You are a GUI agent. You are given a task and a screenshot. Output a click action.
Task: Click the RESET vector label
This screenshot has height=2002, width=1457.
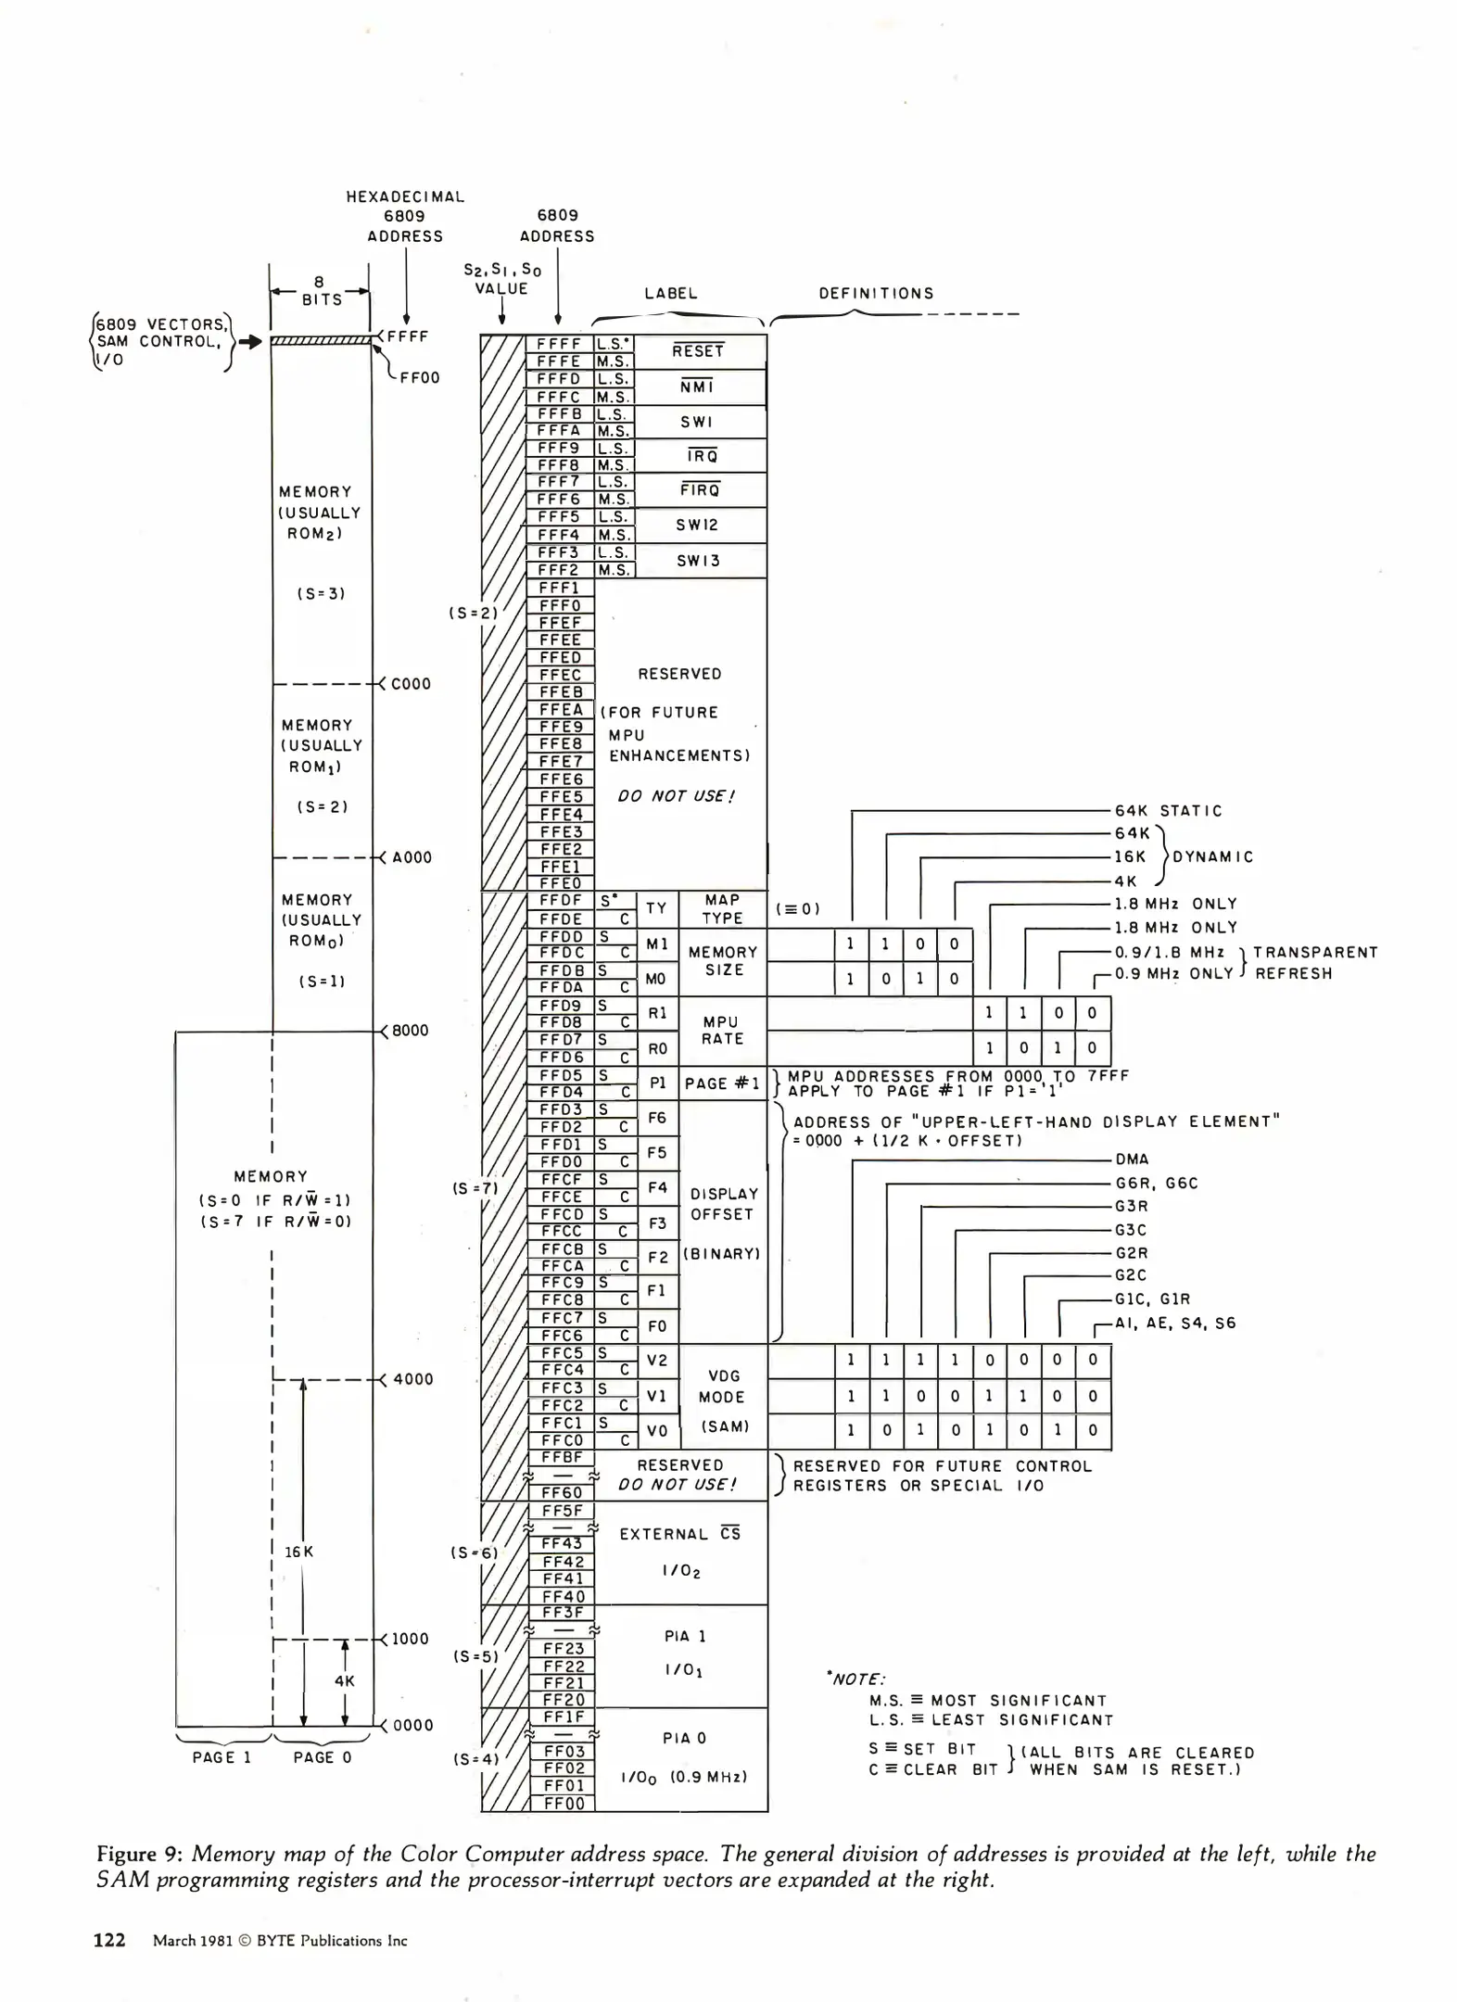[698, 351]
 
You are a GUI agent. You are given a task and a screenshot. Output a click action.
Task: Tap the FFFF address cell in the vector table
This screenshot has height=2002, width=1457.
[559, 344]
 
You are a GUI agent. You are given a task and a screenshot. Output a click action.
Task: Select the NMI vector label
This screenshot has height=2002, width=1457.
[697, 386]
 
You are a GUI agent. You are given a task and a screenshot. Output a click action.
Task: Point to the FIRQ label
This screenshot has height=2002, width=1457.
[700, 490]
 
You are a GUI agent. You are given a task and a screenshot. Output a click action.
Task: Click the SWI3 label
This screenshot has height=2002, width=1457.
[698, 561]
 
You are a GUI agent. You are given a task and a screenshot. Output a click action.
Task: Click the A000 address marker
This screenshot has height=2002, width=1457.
[412, 857]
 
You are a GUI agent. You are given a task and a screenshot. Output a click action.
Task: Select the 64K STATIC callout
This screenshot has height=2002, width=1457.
[1168, 811]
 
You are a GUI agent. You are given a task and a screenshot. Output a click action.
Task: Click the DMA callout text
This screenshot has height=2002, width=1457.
[1132, 1159]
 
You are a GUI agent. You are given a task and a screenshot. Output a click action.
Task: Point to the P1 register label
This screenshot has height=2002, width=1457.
[658, 1083]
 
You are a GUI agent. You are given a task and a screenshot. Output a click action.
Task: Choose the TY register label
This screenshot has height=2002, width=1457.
[656, 908]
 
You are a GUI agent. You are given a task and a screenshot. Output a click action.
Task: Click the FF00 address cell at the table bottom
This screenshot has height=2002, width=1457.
[564, 1804]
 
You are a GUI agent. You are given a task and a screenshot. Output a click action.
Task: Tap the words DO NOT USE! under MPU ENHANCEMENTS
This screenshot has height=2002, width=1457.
[677, 796]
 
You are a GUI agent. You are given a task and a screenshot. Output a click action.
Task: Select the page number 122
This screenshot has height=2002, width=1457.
[109, 1940]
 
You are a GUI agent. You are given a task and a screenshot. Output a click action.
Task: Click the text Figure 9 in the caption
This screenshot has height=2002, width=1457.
[137, 1854]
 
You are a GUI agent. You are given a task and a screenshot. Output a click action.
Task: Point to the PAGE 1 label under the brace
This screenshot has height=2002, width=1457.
[222, 1757]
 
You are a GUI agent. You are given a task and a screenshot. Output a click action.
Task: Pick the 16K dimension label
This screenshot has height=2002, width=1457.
[299, 1552]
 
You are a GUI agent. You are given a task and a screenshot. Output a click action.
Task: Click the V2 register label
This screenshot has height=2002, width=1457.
[657, 1361]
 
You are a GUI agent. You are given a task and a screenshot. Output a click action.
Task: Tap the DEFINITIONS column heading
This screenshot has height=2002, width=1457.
[876, 294]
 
